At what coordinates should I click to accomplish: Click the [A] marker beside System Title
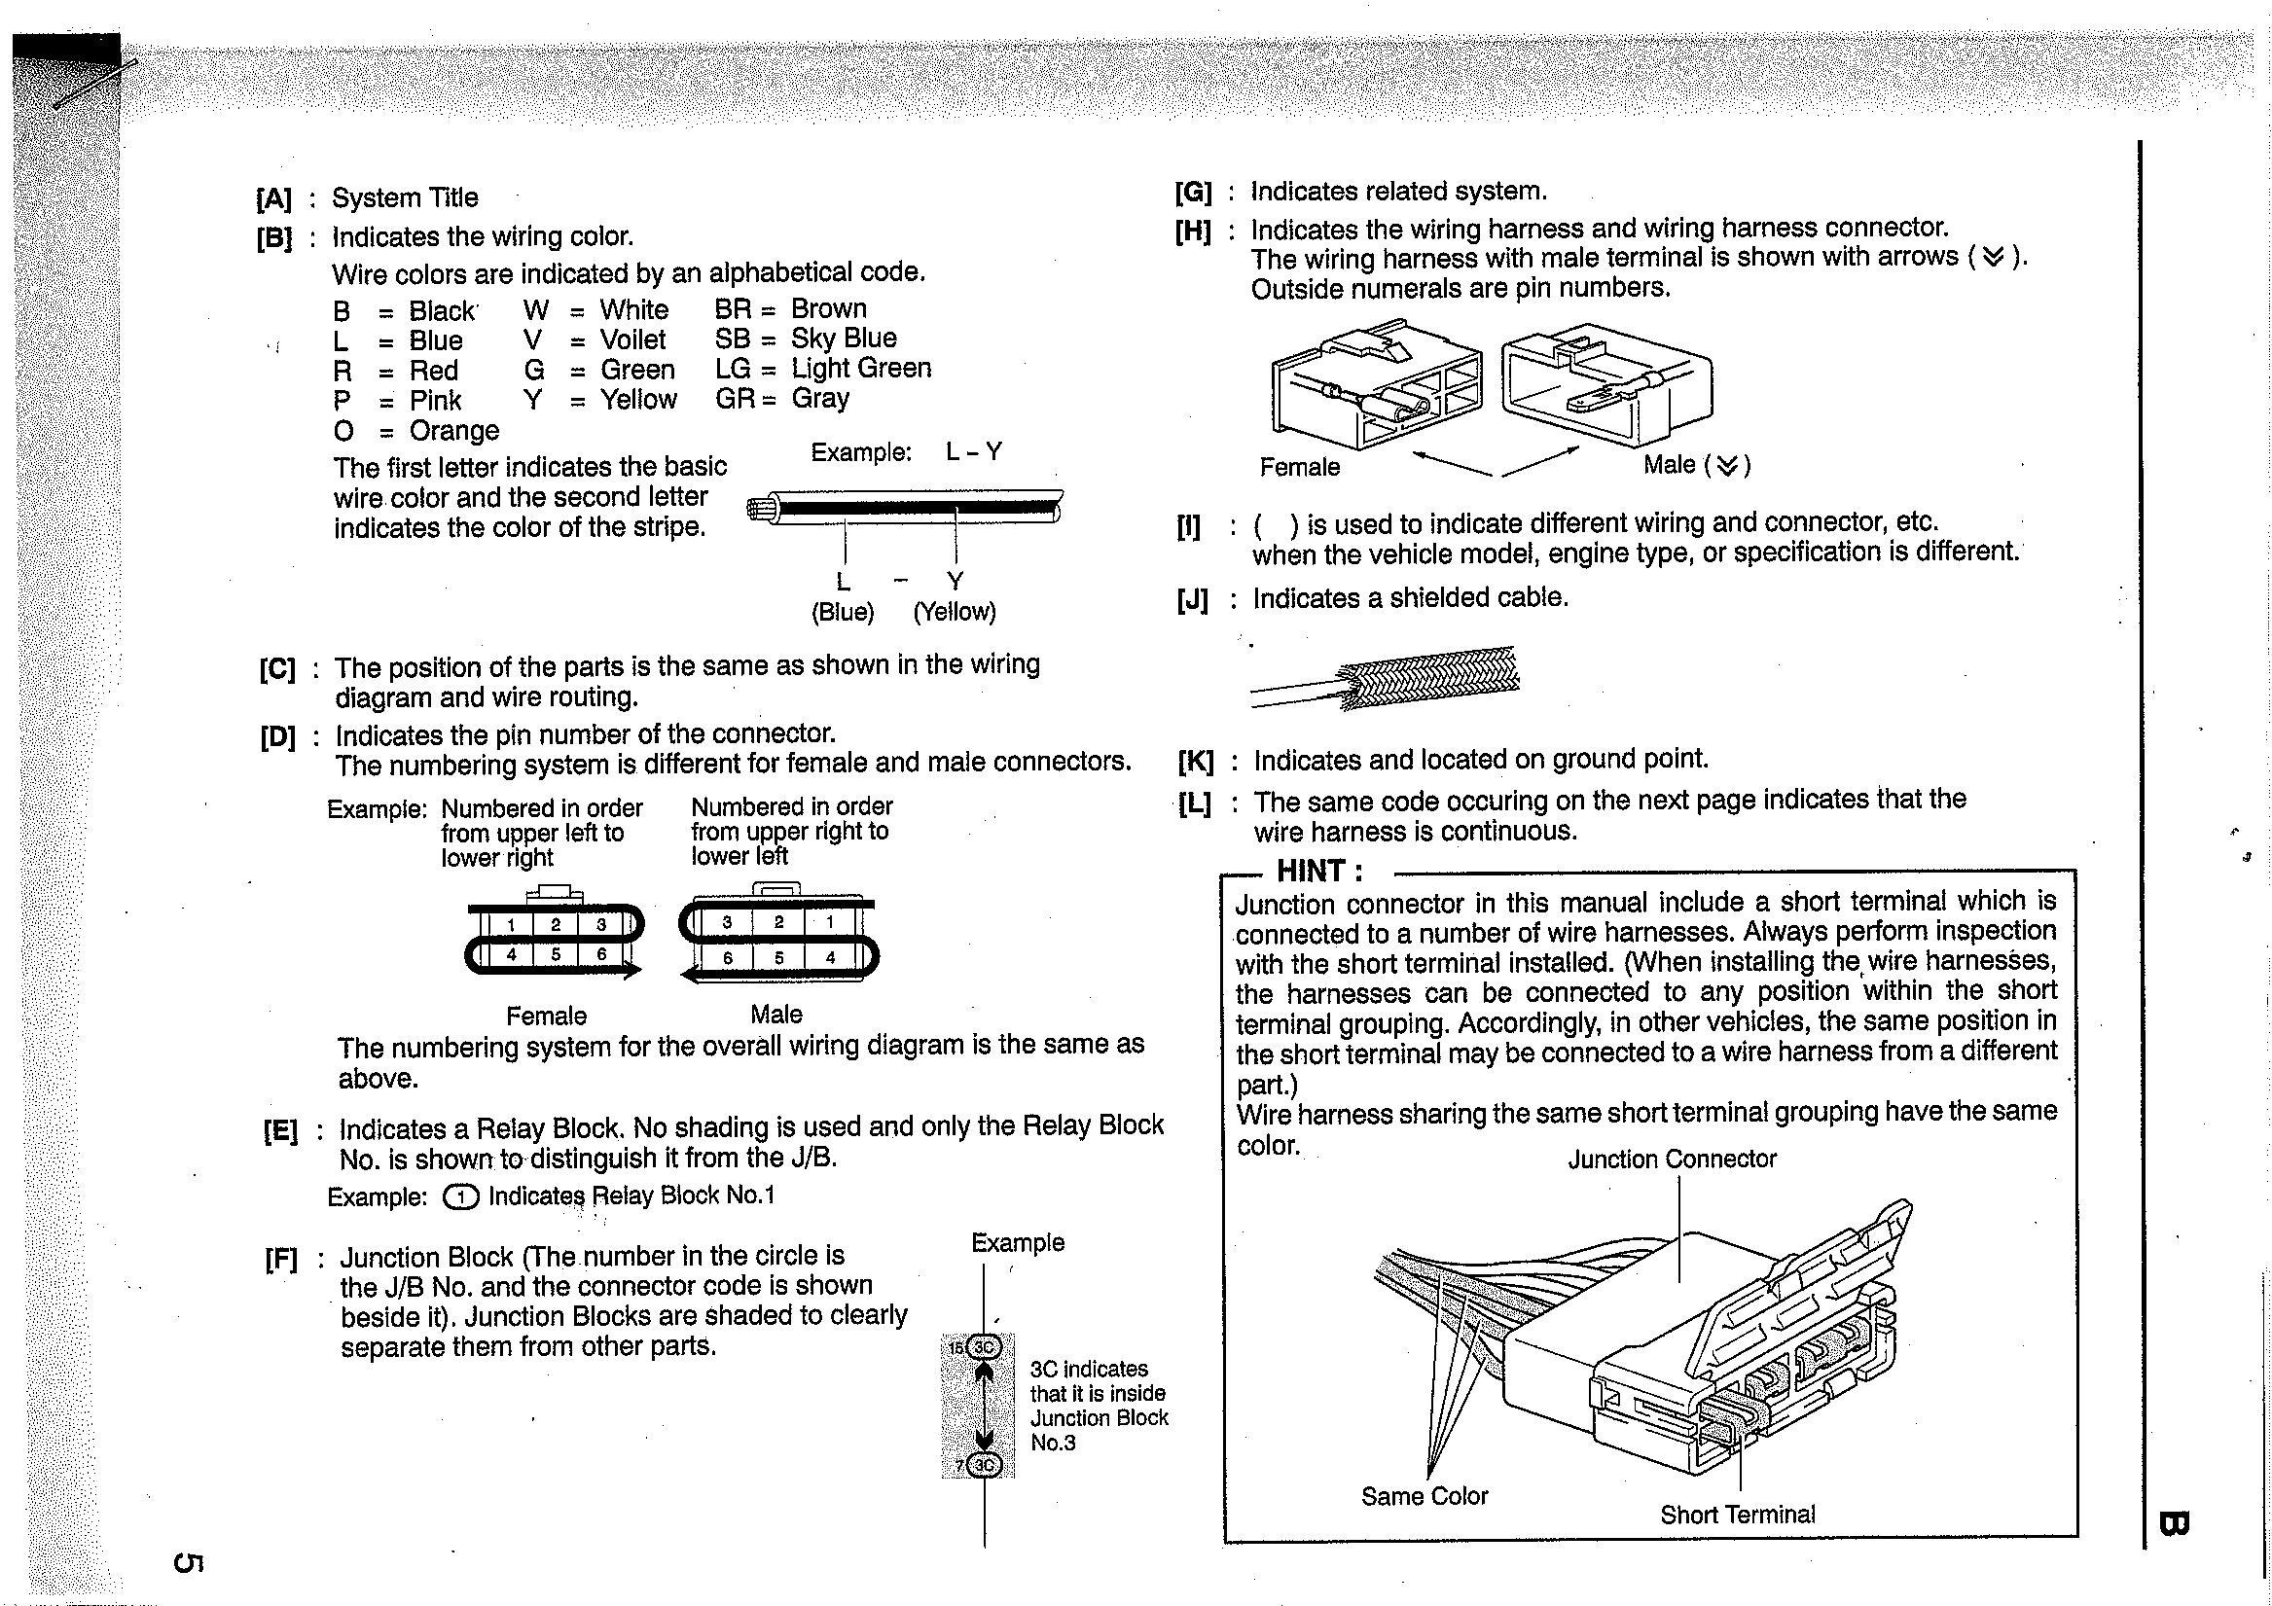273,198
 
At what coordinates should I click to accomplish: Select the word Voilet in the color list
633,340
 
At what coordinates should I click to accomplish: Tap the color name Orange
454,432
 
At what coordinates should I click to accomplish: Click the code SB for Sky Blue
733,339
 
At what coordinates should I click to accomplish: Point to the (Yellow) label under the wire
954,612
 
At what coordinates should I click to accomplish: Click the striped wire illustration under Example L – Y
906,509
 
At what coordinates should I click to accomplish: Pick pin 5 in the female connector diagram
557,955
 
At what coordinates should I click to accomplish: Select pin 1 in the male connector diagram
829,922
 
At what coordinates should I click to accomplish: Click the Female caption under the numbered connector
546,1017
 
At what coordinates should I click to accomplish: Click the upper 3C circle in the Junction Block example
984,1347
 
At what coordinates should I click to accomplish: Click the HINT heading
1320,872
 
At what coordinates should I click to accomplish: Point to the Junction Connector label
1672,1160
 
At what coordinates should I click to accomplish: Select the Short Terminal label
1738,1515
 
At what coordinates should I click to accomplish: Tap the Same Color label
1424,1497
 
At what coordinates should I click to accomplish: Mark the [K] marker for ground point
1196,762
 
